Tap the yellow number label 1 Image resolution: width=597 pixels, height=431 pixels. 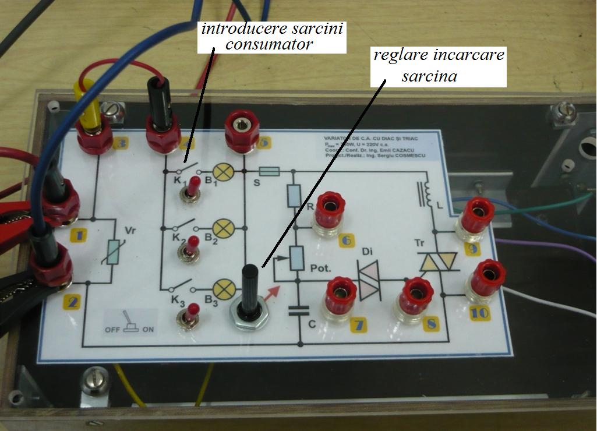click(77, 235)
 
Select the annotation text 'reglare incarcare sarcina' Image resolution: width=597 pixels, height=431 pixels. click(439, 66)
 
